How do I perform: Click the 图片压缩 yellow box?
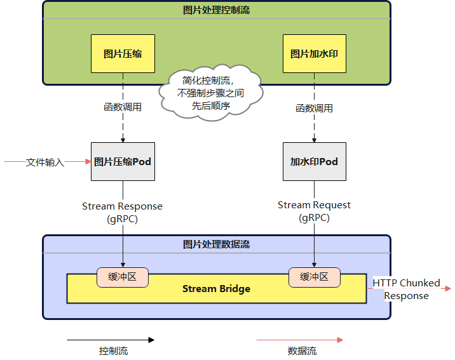point(123,53)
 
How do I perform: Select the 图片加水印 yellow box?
point(314,53)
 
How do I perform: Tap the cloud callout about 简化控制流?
point(212,93)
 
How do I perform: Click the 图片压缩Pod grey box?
point(123,162)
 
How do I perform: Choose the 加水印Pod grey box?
point(314,162)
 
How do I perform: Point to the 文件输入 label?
point(45,163)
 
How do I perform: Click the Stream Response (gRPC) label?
point(122,212)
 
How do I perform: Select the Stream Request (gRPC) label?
point(314,211)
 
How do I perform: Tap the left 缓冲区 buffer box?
point(123,277)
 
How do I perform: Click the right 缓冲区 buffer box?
point(314,277)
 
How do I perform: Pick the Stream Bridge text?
point(216,289)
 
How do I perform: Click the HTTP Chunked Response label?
point(407,289)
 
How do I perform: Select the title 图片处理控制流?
point(216,10)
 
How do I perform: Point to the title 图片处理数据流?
point(216,244)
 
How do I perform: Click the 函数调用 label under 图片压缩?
point(123,107)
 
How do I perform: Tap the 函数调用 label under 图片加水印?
point(314,108)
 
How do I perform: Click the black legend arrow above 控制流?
point(111,340)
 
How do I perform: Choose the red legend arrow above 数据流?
point(299,340)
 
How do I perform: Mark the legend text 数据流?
point(302,351)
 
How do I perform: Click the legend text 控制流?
point(113,351)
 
